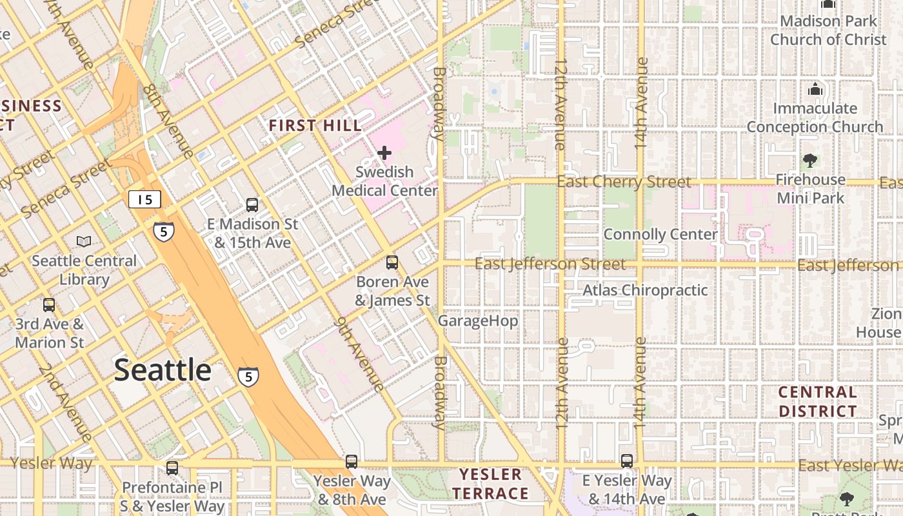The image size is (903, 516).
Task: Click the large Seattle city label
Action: point(163,370)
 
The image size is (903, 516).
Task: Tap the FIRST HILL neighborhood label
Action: point(315,126)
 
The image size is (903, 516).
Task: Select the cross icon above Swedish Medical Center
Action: point(384,153)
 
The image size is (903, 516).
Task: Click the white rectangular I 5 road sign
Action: point(144,199)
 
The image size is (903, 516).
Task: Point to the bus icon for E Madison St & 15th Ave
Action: point(252,205)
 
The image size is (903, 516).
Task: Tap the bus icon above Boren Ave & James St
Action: point(392,263)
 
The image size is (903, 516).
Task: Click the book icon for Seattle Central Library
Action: point(84,241)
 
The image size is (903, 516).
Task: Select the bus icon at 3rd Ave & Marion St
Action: point(49,304)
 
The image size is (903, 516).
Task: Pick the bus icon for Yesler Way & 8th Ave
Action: point(352,462)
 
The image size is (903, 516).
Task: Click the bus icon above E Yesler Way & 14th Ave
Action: point(627,461)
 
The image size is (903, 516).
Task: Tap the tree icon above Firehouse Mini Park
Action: point(810,160)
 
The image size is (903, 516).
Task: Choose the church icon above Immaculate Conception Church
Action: point(815,89)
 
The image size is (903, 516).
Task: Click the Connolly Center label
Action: point(660,234)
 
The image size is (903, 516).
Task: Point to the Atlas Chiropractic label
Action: point(645,290)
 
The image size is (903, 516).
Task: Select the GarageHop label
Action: point(478,321)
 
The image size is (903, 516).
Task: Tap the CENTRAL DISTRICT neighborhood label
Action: point(818,401)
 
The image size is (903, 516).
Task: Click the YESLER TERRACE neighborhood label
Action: point(490,484)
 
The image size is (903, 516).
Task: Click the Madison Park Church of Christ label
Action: point(828,30)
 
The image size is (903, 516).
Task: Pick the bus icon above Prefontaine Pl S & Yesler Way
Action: point(172,468)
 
